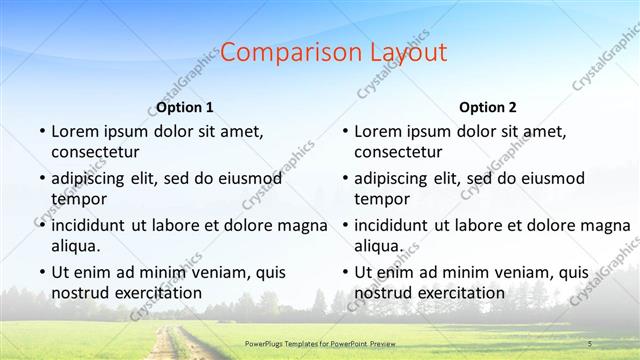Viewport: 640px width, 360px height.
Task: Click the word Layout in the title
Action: [x=403, y=53]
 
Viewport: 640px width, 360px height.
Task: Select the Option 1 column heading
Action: [x=185, y=107]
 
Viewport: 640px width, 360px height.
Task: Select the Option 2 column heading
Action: [x=488, y=107]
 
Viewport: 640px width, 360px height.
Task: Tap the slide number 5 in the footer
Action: [x=589, y=344]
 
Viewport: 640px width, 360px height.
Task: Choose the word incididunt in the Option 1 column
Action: [x=94, y=225]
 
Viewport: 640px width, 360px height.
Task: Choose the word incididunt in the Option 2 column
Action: [x=397, y=225]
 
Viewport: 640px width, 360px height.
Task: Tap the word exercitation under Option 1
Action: [x=153, y=293]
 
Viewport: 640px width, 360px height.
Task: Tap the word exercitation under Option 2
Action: [x=456, y=293]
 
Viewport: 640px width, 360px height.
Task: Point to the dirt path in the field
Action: [x=165, y=345]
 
